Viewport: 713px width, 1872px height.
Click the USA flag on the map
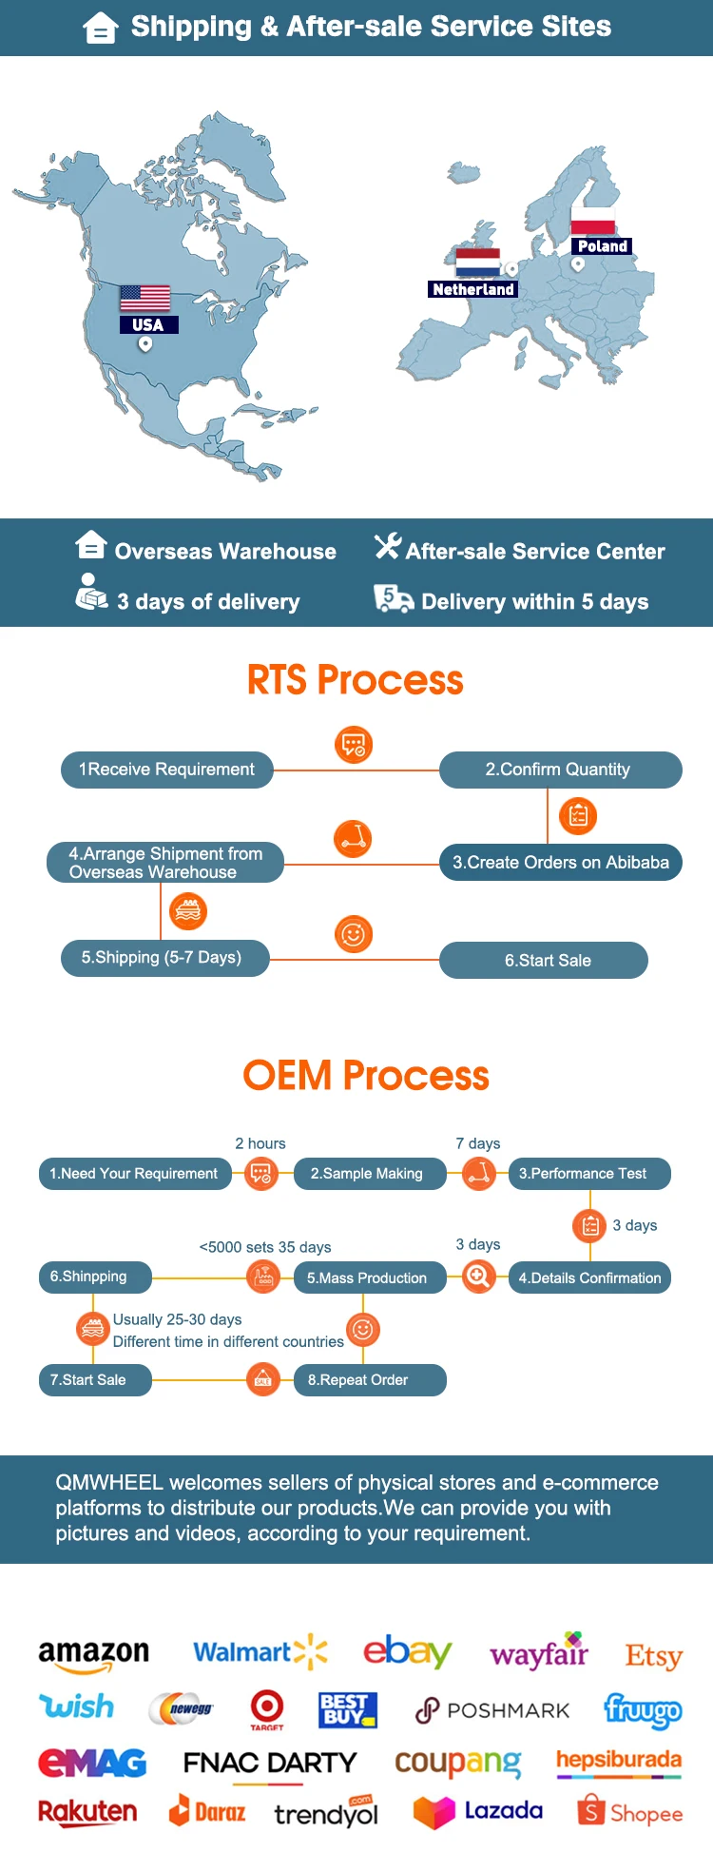point(145,298)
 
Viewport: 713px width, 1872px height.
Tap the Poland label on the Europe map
point(603,246)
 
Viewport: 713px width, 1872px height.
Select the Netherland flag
point(477,263)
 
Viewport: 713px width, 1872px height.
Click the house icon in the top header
point(100,28)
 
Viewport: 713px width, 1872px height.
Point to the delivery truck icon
point(393,599)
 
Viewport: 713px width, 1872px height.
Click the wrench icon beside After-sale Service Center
point(387,546)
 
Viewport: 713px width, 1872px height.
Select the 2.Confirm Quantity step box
point(560,770)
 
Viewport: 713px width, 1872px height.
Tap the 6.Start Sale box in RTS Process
point(544,961)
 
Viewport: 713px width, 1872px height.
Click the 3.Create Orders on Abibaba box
point(560,863)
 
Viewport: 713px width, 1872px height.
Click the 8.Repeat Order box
point(370,1380)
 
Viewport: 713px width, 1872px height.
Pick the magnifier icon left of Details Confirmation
point(479,1276)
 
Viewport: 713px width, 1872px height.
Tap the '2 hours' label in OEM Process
point(260,1143)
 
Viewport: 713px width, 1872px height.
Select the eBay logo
point(407,1651)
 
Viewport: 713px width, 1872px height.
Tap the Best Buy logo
point(348,1710)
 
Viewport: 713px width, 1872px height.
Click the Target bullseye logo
point(267,1708)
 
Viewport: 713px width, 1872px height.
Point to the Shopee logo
point(629,1811)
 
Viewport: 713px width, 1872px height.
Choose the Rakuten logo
point(87,1811)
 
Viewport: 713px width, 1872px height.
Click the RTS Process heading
point(356,680)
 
